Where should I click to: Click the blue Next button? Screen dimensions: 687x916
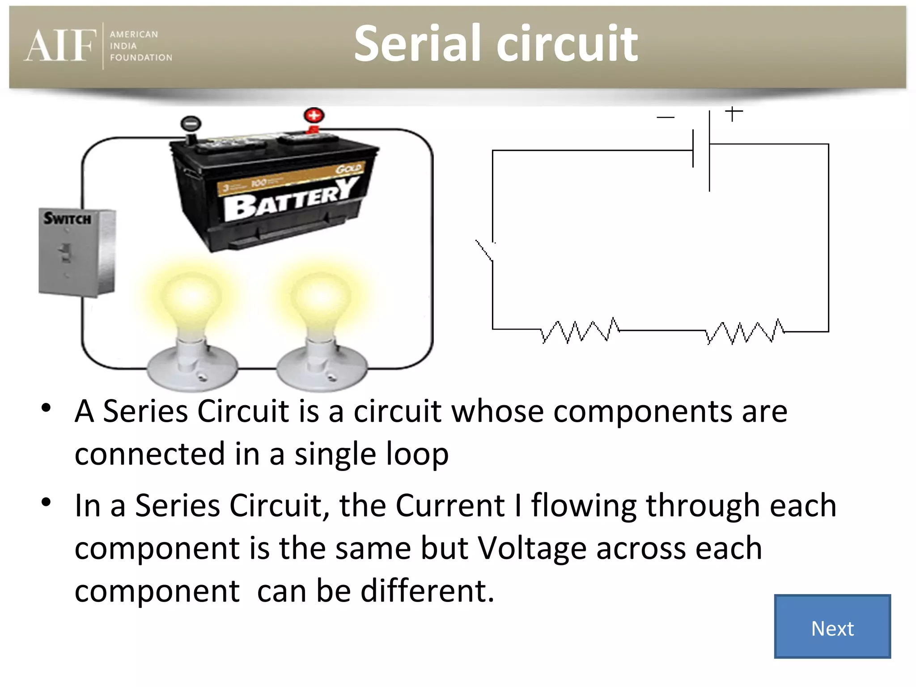tap(832, 626)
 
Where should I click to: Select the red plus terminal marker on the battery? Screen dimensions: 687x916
tap(314, 115)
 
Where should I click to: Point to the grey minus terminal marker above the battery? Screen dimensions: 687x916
tap(191, 123)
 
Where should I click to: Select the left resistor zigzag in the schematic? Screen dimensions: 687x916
tap(580, 331)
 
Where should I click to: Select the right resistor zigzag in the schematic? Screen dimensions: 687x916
tap(745, 332)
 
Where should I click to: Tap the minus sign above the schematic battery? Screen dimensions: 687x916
tap(665, 118)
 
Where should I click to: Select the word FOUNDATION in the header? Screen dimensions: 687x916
tap(141, 58)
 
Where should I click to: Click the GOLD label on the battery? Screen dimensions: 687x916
tap(349, 169)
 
